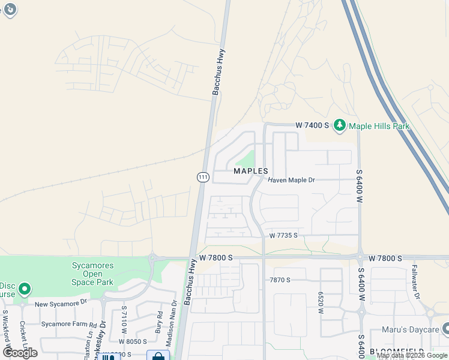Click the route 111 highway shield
(x=202, y=177)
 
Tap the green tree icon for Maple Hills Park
(x=339, y=125)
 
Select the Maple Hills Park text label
(x=379, y=126)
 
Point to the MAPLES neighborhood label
(x=250, y=171)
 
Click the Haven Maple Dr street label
(x=291, y=180)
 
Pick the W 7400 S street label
(x=312, y=125)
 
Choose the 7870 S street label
(x=280, y=280)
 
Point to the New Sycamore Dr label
(x=61, y=304)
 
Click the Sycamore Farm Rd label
(x=69, y=323)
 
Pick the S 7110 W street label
(x=124, y=317)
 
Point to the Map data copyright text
(x=412, y=355)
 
